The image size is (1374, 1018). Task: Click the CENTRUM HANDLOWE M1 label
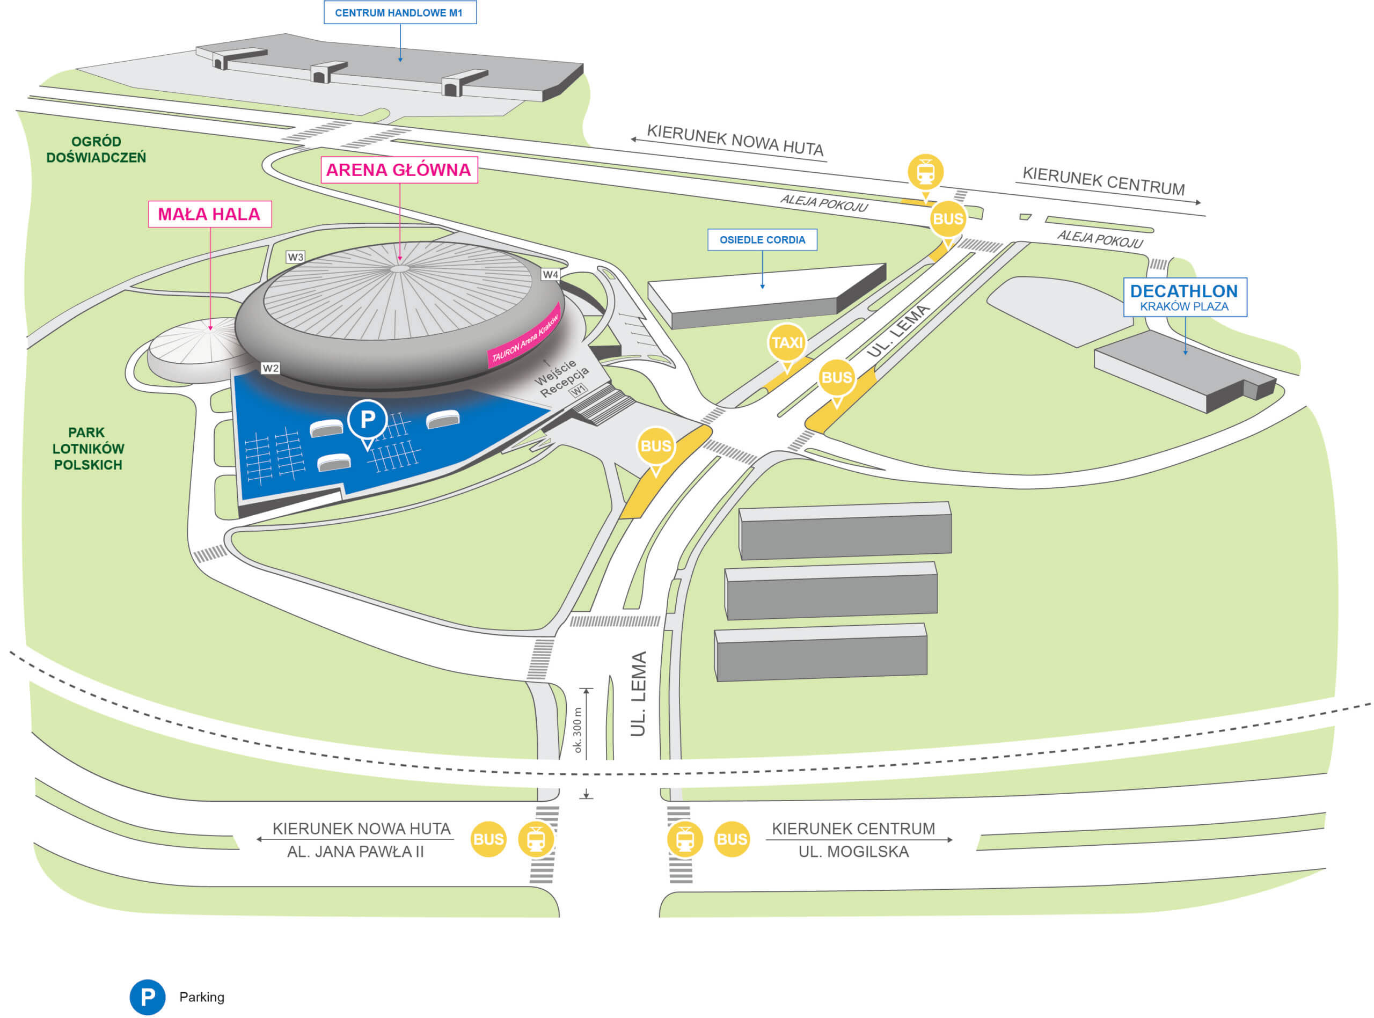point(400,12)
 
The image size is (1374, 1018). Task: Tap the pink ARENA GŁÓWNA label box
point(399,170)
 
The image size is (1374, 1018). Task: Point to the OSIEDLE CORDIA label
point(762,240)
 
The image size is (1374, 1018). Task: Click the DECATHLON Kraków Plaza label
point(1184,297)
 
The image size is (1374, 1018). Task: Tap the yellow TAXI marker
point(787,344)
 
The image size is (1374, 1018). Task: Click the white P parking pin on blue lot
point(367,421)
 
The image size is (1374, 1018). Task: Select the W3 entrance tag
point(296,257)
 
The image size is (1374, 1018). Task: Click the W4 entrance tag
point(550,274)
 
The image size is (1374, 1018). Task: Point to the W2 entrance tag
point(271,368)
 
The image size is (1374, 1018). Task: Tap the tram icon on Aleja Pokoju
point(925,173)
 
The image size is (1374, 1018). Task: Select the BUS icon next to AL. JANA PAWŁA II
point(488,839)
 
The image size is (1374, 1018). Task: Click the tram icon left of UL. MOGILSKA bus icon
point(684,839)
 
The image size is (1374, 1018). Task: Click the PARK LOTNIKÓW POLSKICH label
point(88,449)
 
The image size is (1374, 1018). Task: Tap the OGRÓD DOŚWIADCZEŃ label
point(96,149)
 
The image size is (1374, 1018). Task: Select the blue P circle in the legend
point(147,997)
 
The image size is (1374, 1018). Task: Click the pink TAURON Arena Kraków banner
point(524,336)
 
